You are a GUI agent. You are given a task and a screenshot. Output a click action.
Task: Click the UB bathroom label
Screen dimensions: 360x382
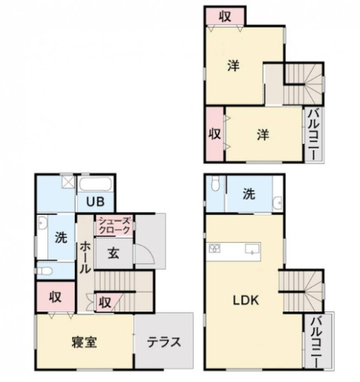(x=96, y=202)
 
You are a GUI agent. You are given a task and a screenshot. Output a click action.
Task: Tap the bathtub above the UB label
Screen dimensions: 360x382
(x=96, y=185)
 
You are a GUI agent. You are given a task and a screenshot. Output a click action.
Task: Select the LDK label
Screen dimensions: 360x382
(x=246, y=301)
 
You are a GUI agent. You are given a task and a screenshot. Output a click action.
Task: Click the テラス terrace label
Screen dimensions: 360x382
(x=164, y=342)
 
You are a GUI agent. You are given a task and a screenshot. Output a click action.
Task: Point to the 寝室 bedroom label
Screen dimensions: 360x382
(x=84, y=342)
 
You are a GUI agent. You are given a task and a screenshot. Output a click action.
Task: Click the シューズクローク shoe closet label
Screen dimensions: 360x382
(x=114, y=226)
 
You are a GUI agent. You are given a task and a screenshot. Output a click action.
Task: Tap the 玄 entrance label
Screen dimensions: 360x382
(x=114, y=254)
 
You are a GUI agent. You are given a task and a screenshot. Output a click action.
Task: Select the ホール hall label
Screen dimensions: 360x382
(x=85, y=258)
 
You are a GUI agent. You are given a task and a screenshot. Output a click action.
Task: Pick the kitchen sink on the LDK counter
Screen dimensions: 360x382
(x=253, y=249)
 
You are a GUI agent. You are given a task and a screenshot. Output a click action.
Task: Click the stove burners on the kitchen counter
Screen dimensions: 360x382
(x=215, y=248)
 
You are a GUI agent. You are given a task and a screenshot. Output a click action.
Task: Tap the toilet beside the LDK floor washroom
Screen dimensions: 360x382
(x=215, y=183)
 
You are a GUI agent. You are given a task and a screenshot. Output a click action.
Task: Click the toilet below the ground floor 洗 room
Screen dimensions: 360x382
(x=45, y=271)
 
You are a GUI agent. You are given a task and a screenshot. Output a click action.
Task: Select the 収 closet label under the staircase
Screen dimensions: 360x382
(x=105, y=302)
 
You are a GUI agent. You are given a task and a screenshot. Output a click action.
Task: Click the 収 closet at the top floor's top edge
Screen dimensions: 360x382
(x=225, y=17)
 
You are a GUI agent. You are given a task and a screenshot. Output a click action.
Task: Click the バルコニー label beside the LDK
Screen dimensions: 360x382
(x=317, y=342)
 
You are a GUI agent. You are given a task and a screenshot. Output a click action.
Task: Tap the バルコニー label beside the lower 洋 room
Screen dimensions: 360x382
(x=314, y=135)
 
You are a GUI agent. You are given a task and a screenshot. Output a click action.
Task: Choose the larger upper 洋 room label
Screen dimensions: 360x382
(x=234, y=66)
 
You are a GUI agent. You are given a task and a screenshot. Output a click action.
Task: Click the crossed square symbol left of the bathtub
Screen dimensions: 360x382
(x=68, y=182)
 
